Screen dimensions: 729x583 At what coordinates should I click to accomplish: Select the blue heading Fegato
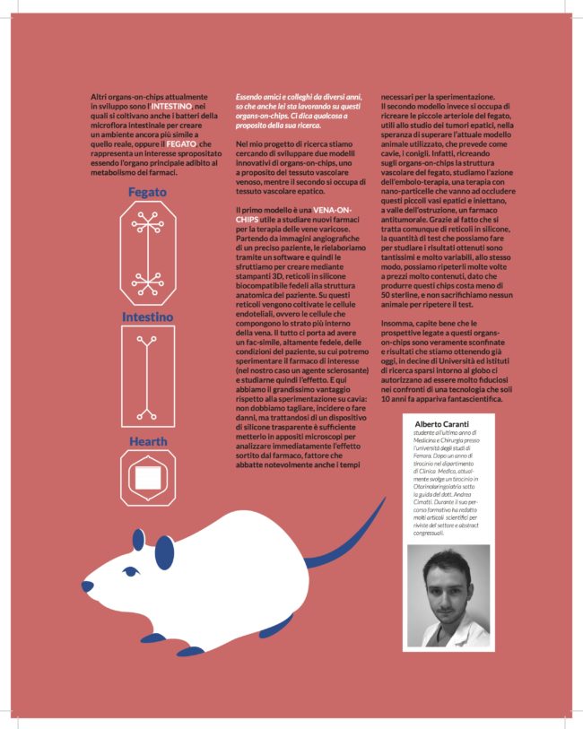click(146, 193)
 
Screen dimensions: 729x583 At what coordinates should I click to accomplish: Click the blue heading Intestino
click(148, 317)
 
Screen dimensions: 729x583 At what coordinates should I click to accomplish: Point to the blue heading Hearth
click(147, 442)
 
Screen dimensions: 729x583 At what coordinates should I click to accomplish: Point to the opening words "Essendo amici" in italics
click(257, 96)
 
